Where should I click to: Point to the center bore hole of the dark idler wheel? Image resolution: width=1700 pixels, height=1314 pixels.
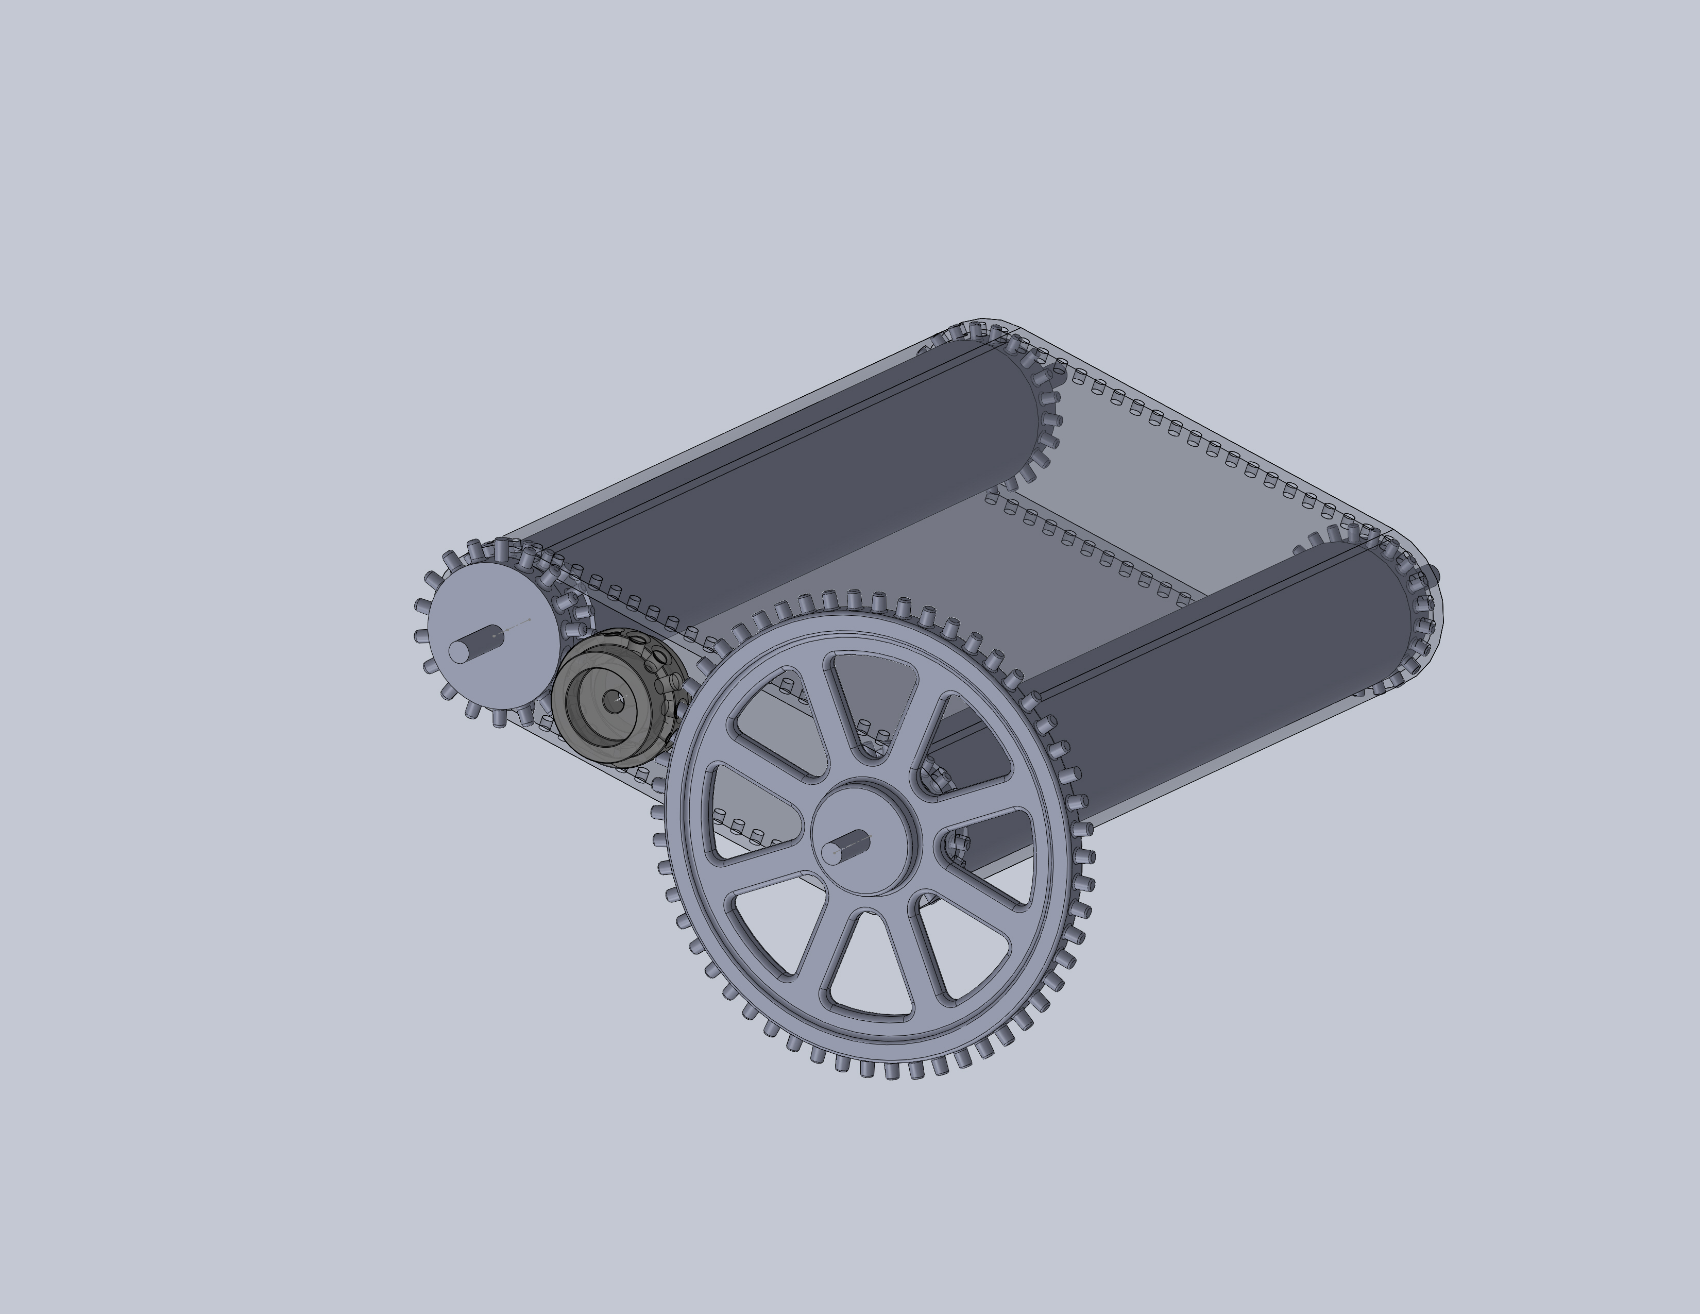614,701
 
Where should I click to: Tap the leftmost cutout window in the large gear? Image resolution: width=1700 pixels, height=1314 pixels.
747,814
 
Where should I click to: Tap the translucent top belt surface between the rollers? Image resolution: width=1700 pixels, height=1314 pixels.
1167,467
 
